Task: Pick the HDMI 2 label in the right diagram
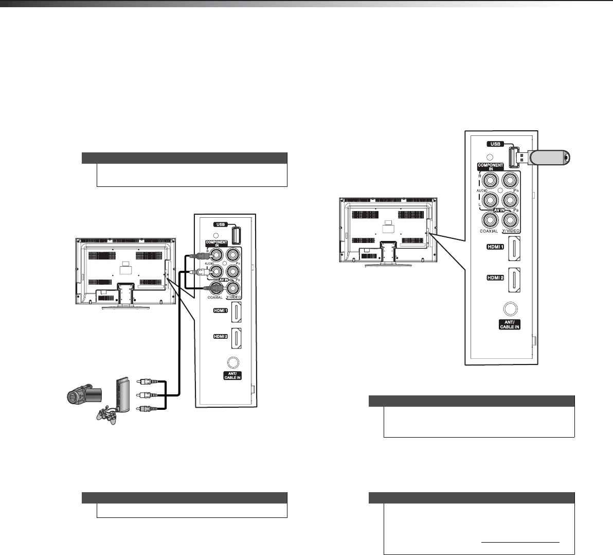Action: point(495,277)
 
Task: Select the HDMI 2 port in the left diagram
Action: point(237,337)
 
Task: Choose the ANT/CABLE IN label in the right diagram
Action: point(510,325)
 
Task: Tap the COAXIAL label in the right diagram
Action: point(489,231)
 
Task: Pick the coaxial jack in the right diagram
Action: point(489,219)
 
